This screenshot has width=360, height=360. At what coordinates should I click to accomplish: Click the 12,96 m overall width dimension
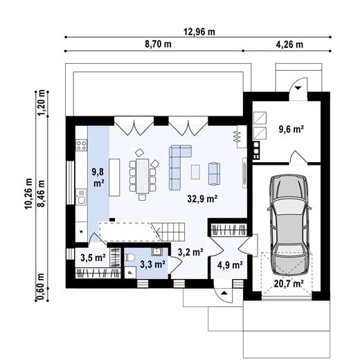(x=199, y=32)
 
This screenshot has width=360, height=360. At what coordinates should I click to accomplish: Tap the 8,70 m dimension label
(x=158, y=44)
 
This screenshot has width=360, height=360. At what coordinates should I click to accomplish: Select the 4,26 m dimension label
(x=289, y=44)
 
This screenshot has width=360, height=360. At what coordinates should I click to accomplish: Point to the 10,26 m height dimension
(x=28, y=194)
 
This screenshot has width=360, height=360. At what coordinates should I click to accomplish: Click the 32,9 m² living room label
(x=202, y=199)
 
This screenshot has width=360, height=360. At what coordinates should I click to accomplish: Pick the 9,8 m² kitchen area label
(x=98, y=177)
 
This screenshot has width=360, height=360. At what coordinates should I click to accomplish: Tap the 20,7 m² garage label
(x=289, y=284)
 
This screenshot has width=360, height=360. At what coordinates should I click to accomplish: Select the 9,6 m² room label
(x=291, y=129)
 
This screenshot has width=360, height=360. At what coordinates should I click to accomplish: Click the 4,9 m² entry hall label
(x=230, y=265)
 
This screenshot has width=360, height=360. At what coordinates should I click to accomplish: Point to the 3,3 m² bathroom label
(x=152, y=264)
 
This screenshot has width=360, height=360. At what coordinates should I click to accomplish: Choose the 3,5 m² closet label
(x=93, y=258)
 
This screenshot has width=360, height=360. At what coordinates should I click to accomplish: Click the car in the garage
(x=289, y=225)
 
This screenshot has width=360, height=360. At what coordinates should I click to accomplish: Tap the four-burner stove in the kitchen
(x=82, y=145)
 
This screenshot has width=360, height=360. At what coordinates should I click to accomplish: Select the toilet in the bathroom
(x=129, y=258)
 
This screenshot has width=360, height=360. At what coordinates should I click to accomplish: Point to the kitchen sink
(x=81, y=197)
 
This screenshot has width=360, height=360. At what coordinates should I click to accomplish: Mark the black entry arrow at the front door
(x=224, y=293)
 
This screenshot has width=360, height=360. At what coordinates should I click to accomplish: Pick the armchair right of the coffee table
(x=214, y=174)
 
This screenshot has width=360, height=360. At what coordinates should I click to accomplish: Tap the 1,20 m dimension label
(x=42, y=102)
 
